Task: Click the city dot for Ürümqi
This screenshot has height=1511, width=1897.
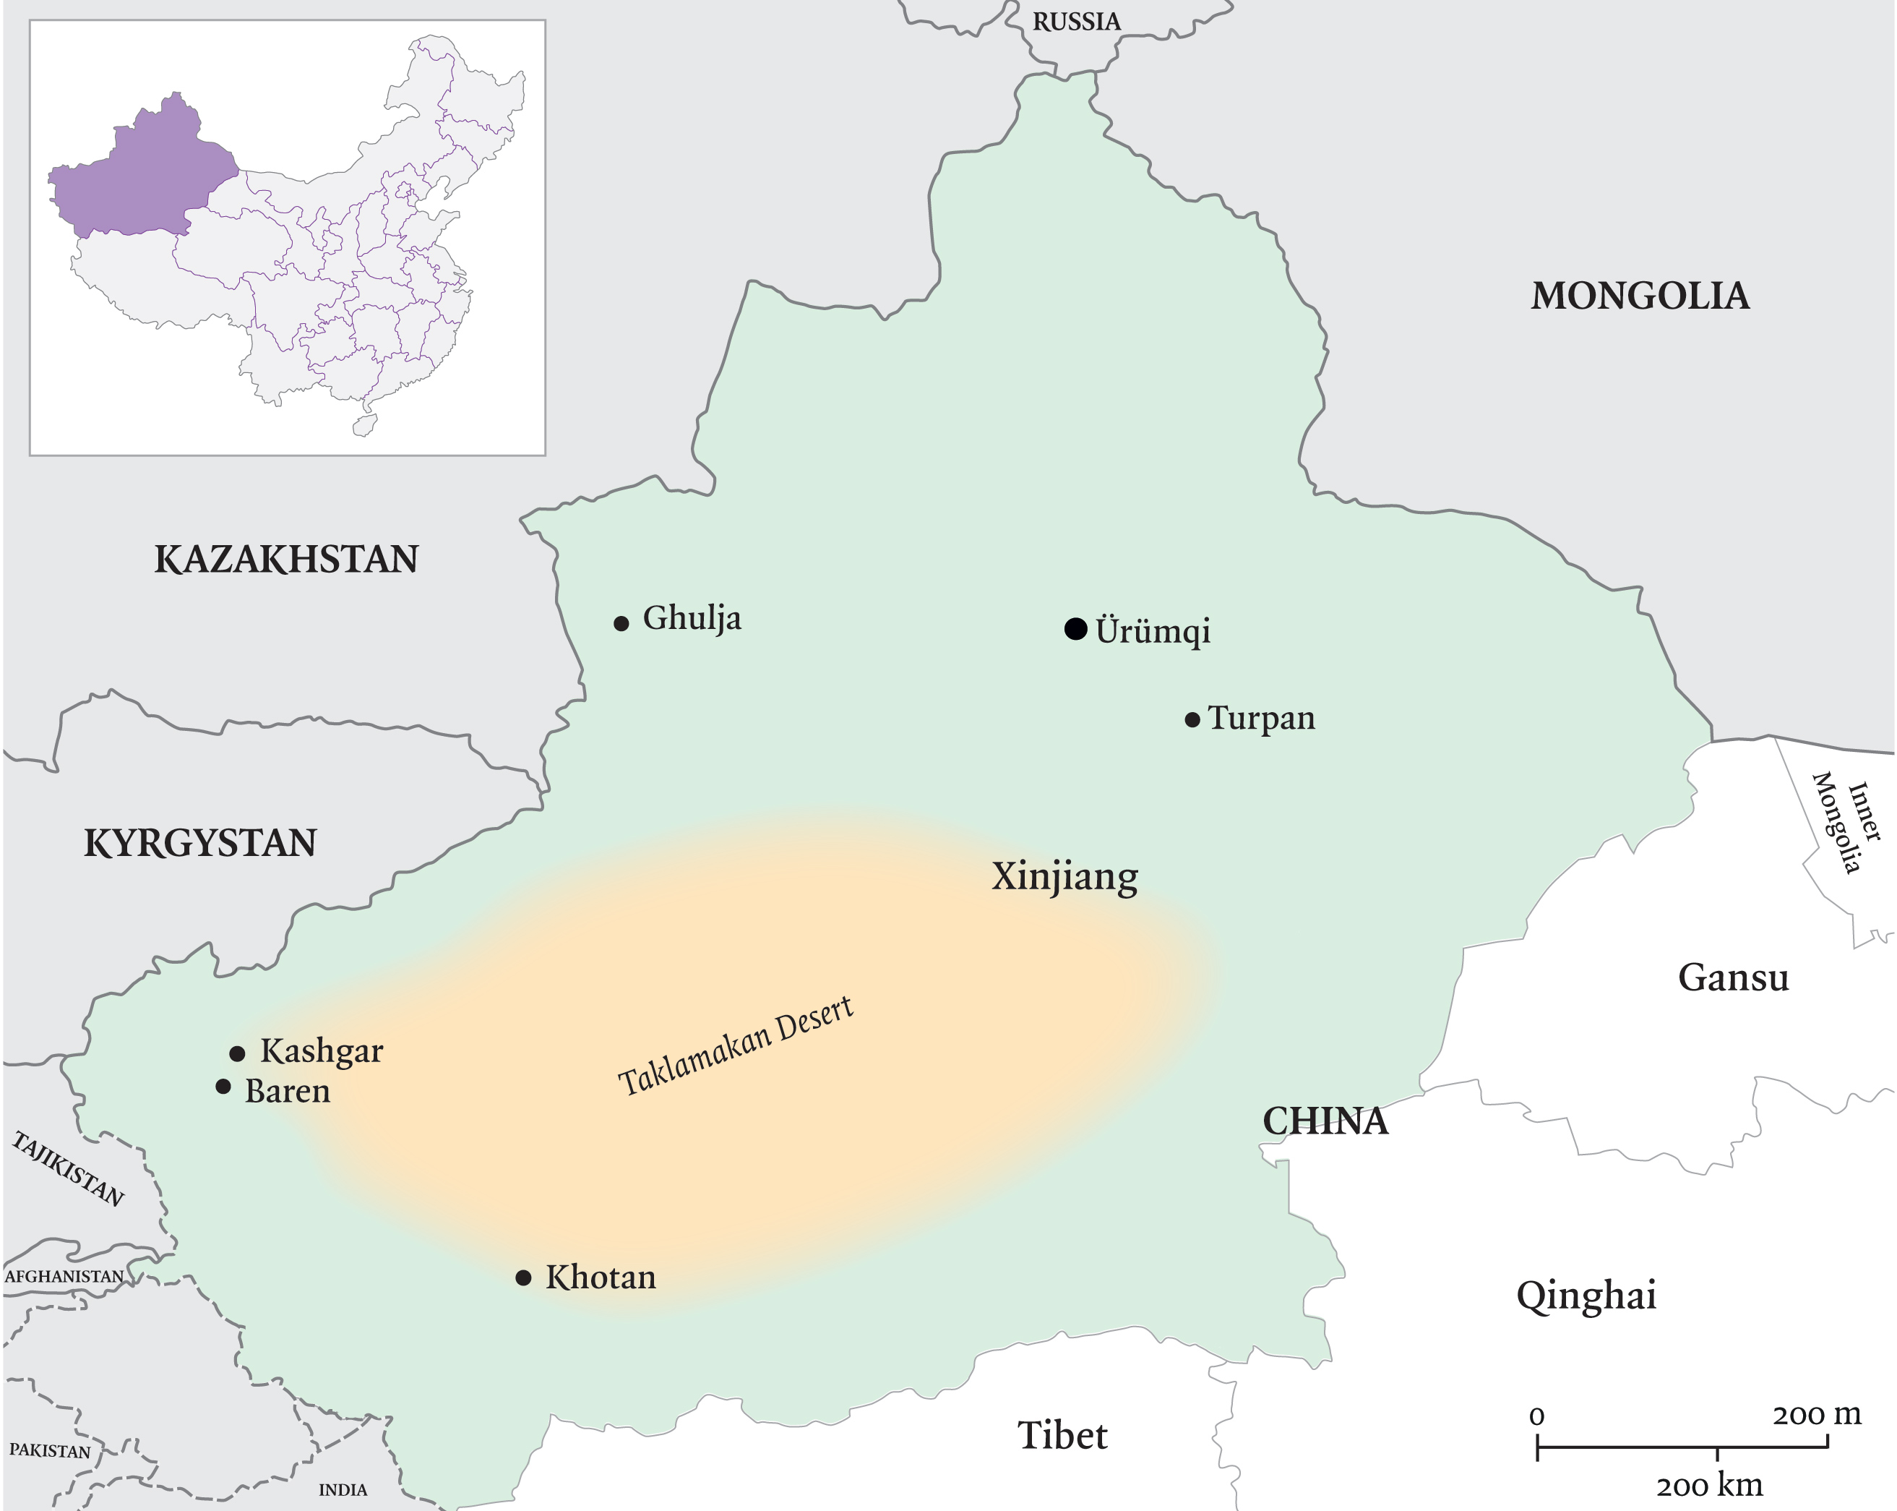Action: (1075, 628)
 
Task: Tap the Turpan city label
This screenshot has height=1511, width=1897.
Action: (1261, 718)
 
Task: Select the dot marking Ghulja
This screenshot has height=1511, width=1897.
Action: (621, 624)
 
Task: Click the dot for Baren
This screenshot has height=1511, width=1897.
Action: (223, 1087)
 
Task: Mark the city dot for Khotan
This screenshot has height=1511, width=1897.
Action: (523, 1277)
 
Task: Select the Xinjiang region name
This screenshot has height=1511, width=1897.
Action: (1064, 876)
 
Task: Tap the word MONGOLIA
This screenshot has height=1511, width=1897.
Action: (1640, 296)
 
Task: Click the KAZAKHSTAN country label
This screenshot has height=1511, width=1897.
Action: (286, 560)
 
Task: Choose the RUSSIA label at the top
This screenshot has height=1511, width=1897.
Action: (1076, 22)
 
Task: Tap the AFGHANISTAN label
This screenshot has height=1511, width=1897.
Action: (64, 1276)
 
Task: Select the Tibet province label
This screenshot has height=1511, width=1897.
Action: (1062, 1435)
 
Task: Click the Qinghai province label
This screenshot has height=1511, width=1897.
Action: (1586, 1296)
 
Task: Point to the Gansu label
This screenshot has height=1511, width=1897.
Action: (1732, 977)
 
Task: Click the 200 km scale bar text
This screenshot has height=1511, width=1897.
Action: (1708, 1486)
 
